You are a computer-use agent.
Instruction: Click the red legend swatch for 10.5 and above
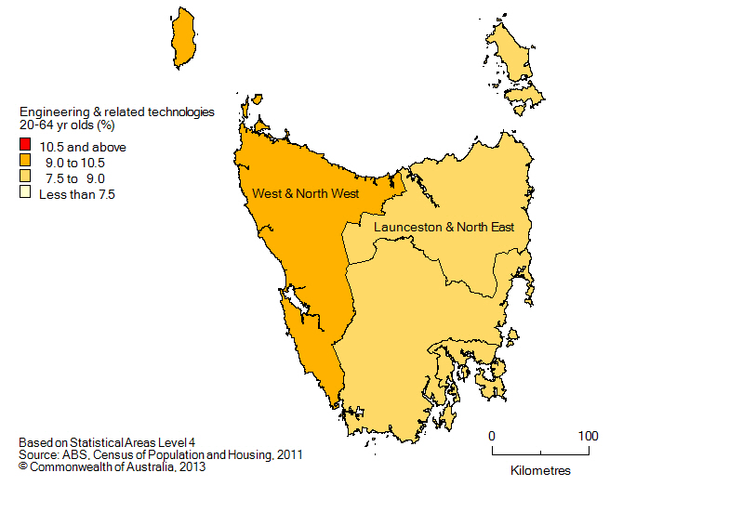pos(24,147)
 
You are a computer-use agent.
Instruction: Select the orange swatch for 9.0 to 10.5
pos(24,163)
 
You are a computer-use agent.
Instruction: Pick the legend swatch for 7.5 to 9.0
pos(24,178)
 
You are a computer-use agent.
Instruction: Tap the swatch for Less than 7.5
pos(24,194)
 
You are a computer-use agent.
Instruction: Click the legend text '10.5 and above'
pos(82,147)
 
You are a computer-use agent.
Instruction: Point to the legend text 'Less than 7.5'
pos(75,194)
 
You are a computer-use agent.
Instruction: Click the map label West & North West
pos(305,193)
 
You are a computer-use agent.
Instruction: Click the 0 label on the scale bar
pos(492,436)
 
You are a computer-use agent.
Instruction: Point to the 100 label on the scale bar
pos(588,436)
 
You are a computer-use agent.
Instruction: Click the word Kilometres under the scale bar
pos(540,471)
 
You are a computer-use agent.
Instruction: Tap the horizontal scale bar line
pos(540,453)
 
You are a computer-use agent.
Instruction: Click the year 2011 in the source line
pos(288,455)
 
